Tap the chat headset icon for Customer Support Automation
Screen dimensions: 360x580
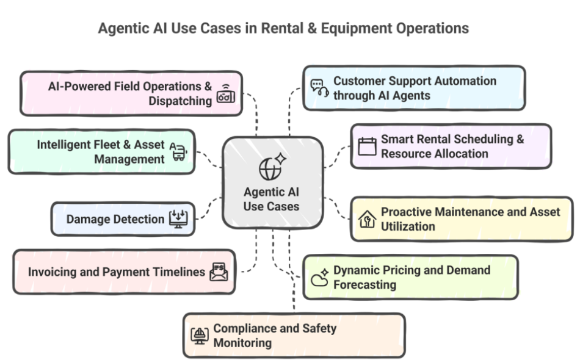(319, 88)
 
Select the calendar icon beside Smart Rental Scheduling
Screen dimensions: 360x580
(367, 146)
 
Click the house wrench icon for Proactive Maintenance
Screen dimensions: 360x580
(366, 219)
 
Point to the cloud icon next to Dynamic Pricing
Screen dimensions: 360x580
(319, 278)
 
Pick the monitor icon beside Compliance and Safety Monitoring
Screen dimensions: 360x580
(199, 336)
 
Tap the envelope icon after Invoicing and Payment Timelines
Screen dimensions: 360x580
(218, 272)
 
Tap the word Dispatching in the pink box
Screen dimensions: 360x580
(180, 101)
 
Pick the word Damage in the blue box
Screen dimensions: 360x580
(84, 218)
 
